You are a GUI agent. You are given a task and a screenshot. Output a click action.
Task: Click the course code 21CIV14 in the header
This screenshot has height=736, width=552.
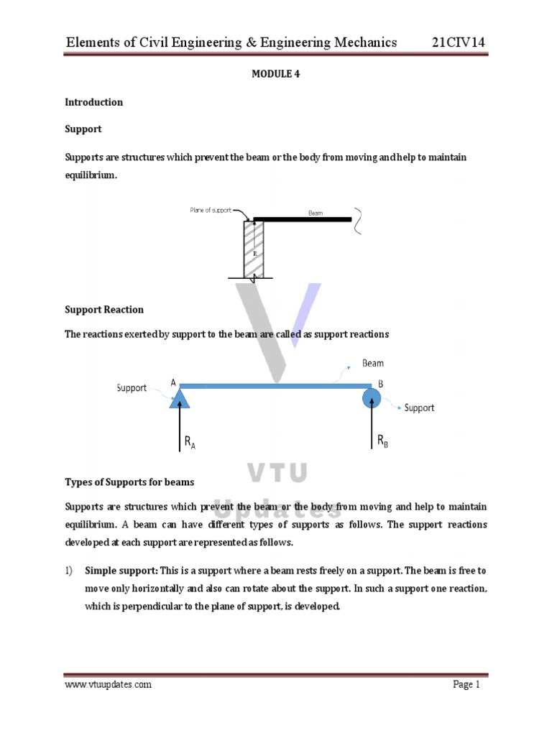459,42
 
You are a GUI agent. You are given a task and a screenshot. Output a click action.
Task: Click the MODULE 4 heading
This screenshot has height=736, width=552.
275,73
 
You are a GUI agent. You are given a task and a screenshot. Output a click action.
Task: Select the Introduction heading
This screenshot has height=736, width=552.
93,102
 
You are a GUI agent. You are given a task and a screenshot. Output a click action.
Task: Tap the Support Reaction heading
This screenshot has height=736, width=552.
104,310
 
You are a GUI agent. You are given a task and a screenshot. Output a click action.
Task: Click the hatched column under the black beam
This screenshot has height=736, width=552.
254,249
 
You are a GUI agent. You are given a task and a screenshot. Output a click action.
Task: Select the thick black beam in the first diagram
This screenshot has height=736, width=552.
302,219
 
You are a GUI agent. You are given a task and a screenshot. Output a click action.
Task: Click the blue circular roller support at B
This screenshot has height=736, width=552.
372,397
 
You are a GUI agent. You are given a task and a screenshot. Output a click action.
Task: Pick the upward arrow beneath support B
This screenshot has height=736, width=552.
372,428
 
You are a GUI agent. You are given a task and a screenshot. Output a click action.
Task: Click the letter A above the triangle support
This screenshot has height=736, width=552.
173,383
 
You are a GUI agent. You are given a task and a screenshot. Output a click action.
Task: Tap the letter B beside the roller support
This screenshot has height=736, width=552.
381,385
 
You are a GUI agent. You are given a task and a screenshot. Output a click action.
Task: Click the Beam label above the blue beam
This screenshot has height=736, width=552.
372,364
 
